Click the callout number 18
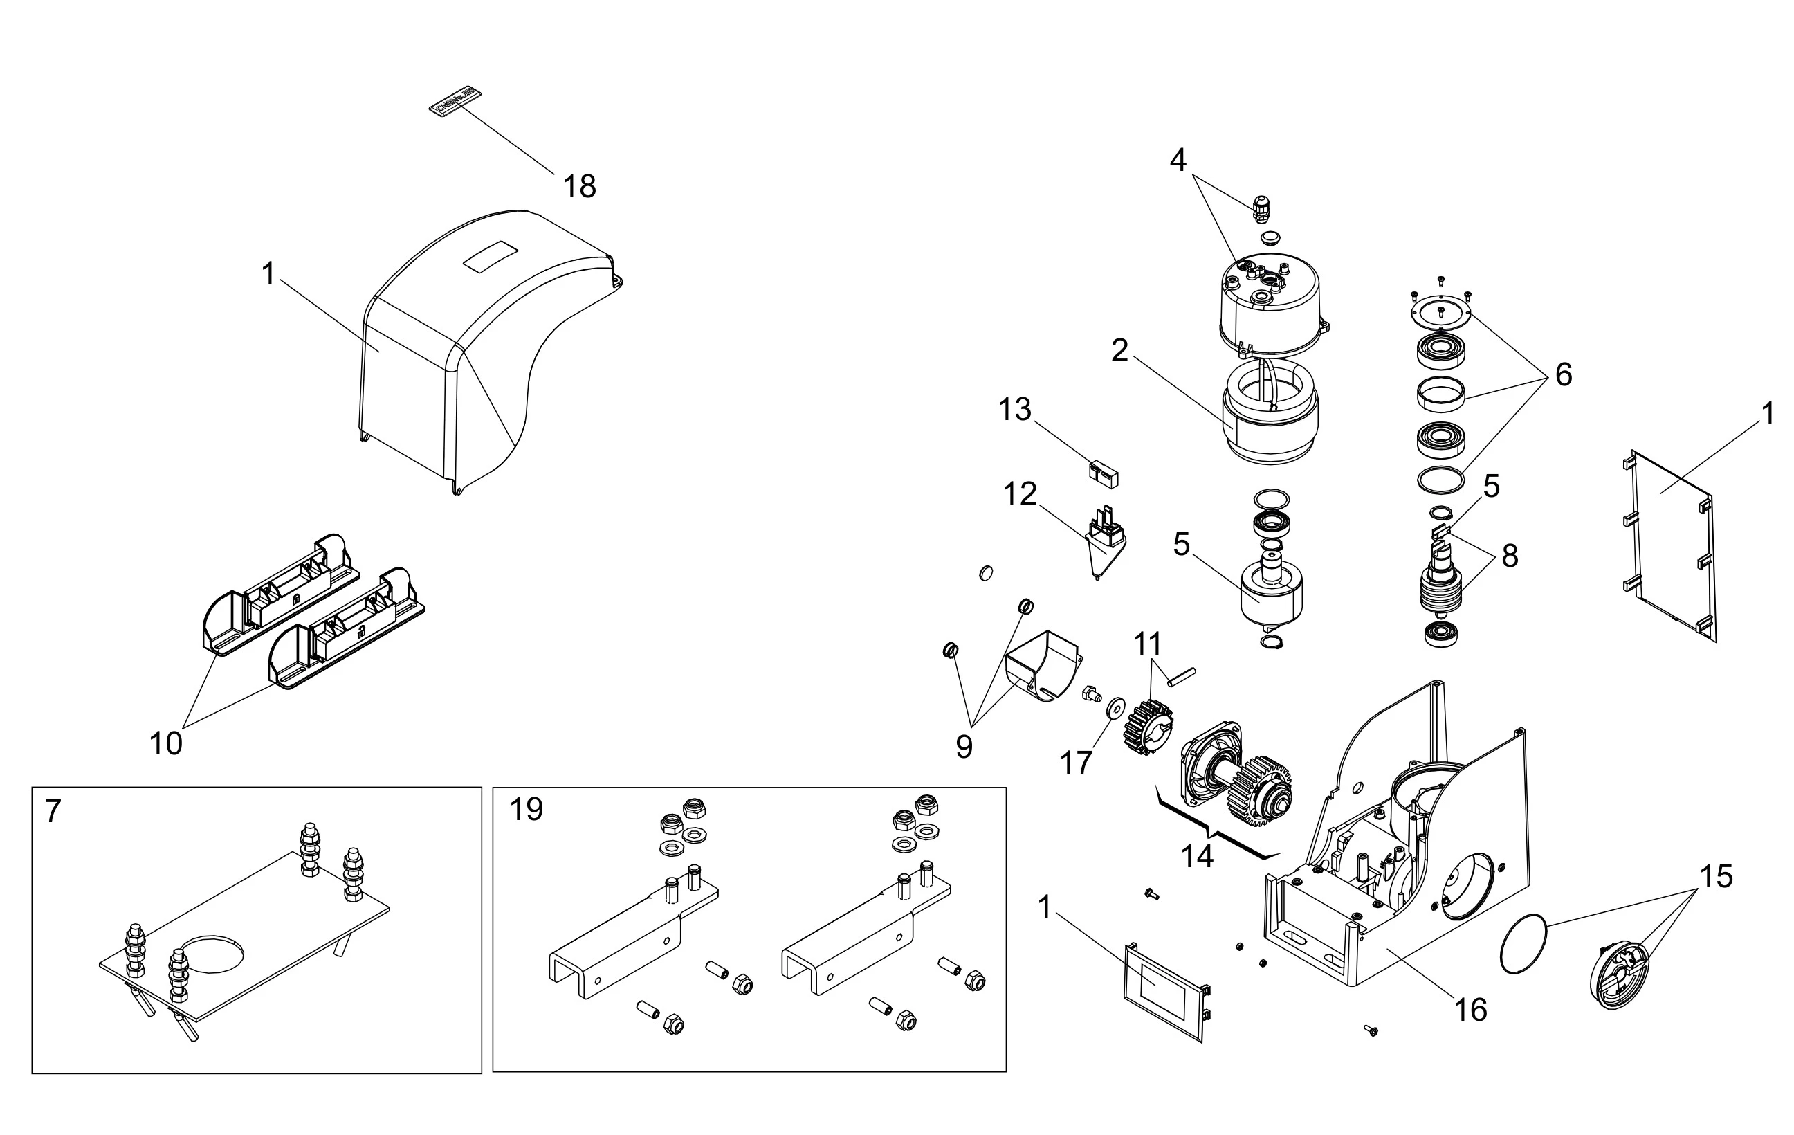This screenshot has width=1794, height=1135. (579, 186)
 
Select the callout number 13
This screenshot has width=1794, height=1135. (1015, 409)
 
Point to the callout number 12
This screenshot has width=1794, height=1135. (1020, 493)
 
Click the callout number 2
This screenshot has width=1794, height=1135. (1119, 350)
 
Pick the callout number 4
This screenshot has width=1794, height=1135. (1178, 159)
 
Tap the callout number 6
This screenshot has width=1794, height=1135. (1564, 374)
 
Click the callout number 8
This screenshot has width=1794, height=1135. (1510, 555)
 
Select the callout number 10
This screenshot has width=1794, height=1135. (165, 743)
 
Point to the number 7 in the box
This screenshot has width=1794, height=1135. (52, 812)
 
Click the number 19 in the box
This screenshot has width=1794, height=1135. (526, 809)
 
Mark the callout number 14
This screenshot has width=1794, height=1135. (1197, 856)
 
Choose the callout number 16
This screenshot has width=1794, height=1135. (1471, 1010)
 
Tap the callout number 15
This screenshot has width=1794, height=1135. (1717, 876)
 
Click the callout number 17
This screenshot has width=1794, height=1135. (1076, 763)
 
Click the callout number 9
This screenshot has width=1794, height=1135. (964, 747)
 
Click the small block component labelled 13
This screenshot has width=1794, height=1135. (1104, 474)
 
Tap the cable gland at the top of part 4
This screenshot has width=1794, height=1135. (1260, 210)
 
